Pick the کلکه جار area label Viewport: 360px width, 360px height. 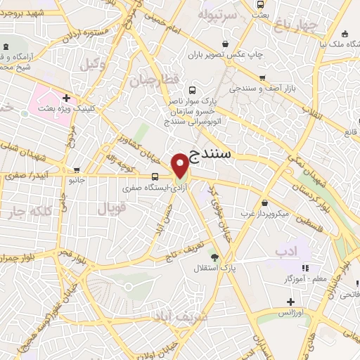[x=29, y=212]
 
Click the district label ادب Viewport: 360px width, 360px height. [x=286, y=250]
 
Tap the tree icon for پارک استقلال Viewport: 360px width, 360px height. [x=214, y=257]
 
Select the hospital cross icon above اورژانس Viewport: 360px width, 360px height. [x=290, y=301]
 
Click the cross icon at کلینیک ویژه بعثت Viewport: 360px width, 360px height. [x=66, y=98]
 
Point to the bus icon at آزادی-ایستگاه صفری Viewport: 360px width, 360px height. [x=154, y=176]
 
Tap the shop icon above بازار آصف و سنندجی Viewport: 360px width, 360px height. [x=262, y=78]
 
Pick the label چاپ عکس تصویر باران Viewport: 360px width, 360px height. [x=228, y=53]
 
